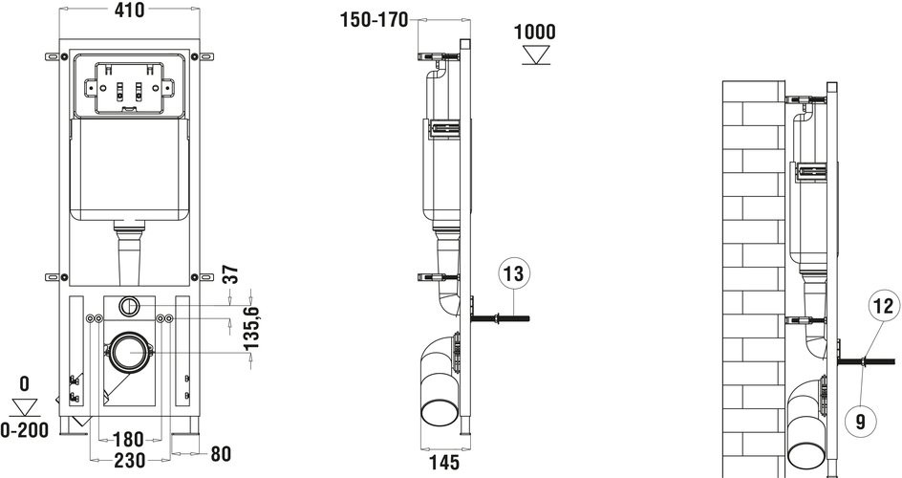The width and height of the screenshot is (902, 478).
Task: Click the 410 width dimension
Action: coord(129,10)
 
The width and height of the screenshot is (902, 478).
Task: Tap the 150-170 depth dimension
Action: coord(374,20)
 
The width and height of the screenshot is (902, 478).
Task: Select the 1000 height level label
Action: coord(535,32)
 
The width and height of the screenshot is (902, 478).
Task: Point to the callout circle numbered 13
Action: coord(514,273)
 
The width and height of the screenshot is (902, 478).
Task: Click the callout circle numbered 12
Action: coord(885,305)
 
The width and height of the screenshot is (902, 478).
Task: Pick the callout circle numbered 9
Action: coord(861,422)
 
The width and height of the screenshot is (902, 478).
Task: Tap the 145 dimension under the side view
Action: coord(444,462)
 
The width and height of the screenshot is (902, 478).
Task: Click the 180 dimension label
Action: coord(128,440)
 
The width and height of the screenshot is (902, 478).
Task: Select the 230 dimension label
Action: coord(130,460)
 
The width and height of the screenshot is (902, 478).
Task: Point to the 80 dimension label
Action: coord(221,454)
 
